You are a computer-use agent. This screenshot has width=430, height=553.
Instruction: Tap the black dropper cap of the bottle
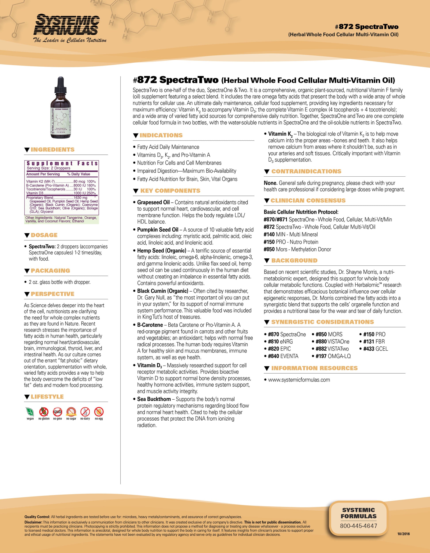[x=61, y=85]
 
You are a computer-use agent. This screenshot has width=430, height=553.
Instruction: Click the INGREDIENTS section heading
[x=52, y=150]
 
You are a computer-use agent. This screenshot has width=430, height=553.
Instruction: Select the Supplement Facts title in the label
[x=62, y=163]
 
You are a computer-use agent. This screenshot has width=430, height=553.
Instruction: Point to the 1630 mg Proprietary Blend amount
[x=80, y=198]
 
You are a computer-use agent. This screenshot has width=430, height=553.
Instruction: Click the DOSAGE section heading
[x=44, y=235]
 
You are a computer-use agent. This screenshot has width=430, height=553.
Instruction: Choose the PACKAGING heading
[x=50, y=271]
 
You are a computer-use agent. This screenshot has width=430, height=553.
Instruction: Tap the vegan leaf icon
[x=30, y=412]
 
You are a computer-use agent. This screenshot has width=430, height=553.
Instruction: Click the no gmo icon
[x=57, y=412]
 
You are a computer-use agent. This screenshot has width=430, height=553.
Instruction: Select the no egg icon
[x=99, y=412]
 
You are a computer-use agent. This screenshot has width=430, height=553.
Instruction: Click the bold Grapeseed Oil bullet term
[x=153, y=202]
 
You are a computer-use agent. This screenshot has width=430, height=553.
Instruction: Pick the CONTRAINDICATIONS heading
[x=306, y=172]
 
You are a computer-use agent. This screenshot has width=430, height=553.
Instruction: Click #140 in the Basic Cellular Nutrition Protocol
[x=269, y=235]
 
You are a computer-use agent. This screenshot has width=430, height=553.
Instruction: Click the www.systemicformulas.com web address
[x=299, y=380]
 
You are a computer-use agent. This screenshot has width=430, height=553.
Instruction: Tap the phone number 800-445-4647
[x=358, y=526]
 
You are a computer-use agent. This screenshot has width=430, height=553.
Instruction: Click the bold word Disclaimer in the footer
[x=33, y=522]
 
